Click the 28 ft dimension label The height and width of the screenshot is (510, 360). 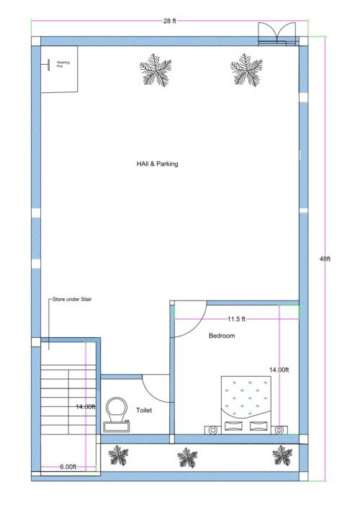(169, 21)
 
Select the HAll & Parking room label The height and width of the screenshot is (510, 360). (157, 164)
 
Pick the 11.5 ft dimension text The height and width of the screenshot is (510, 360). (237, 318)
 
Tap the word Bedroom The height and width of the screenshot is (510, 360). (222, 336)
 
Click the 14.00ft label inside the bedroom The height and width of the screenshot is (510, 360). (279, 370)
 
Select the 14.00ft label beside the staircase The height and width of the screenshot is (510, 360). (86, 407)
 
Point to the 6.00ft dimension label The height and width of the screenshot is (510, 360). (68, 467)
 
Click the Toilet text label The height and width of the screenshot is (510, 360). (144, 411)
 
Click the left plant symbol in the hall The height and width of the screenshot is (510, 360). (156, 70)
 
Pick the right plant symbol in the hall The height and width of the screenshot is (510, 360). (246, 70)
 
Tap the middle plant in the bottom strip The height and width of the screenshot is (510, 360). (188, 457)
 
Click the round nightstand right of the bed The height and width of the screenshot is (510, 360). (280, 430)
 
